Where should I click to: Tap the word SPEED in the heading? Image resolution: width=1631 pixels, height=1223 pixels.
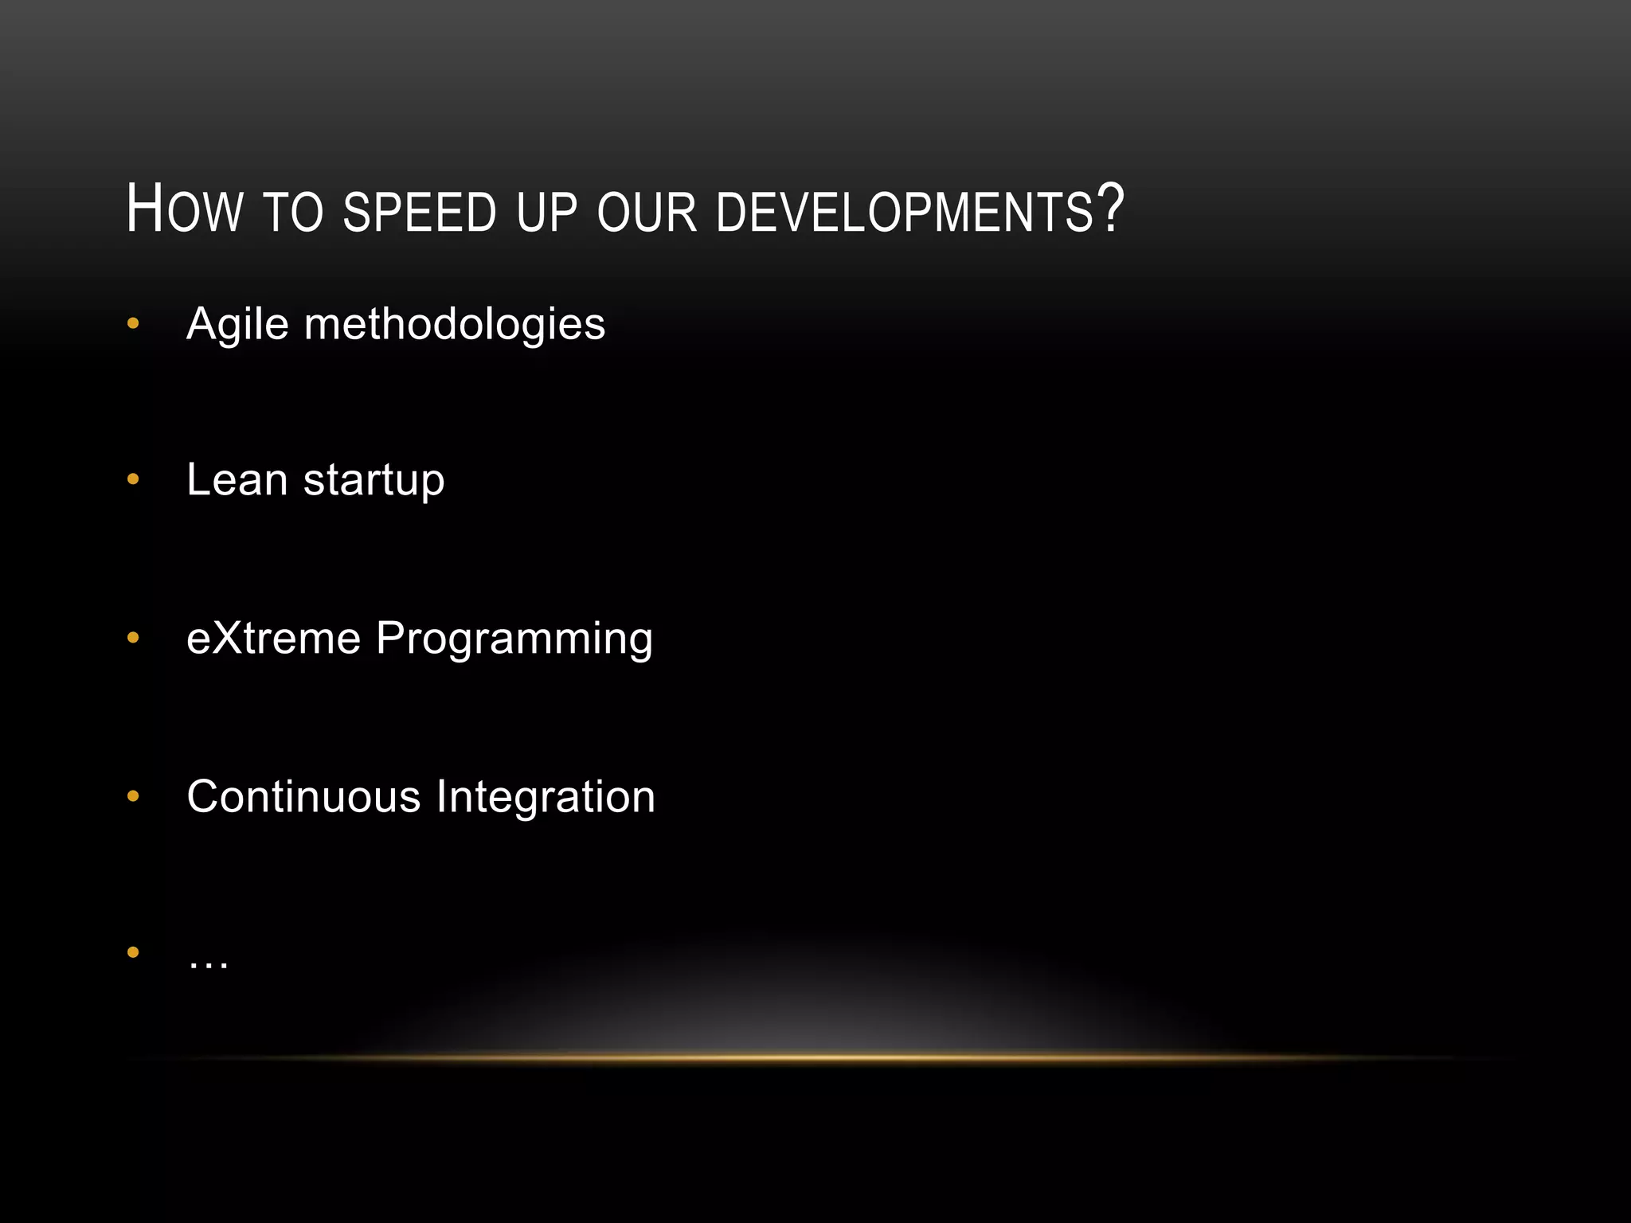click(x=420, y=213)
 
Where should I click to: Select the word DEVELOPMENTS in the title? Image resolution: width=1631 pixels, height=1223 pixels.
click(x=905, y=213)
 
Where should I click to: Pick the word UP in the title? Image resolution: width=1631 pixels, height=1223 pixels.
click(x=546, y=213)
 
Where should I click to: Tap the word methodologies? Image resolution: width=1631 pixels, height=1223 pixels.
click(x=455, y=325)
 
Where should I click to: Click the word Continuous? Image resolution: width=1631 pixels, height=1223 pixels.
click(x=303, y=796)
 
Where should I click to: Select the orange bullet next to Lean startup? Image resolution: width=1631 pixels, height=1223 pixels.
click(x=133, y=479)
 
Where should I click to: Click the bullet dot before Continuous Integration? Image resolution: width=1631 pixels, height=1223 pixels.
click(x=133, y=795)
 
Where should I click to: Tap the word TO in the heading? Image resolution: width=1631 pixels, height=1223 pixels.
click(x=292, y=213)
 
